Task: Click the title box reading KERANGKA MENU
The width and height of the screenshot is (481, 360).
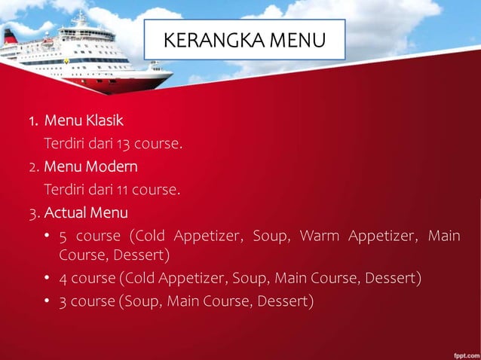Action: coord(246,39)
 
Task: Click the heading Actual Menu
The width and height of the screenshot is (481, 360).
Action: coord(86,211)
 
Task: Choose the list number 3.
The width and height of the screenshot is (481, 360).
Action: coord(33,212)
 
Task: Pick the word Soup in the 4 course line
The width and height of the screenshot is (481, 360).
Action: coord(249,279)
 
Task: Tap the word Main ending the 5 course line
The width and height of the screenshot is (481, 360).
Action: coord(443,236)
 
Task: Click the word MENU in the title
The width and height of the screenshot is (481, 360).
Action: coord(297,40)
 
